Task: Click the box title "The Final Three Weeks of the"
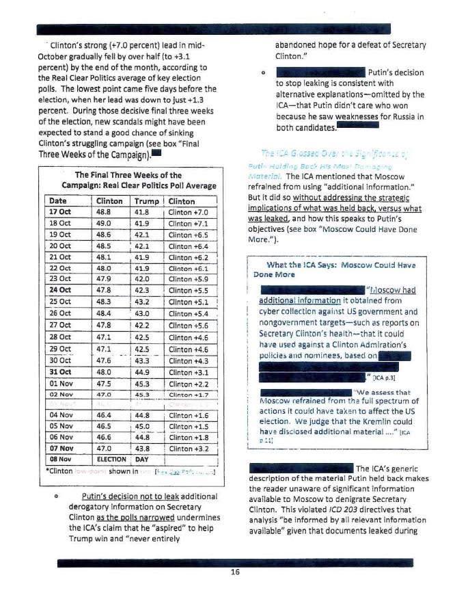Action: pos(128,175)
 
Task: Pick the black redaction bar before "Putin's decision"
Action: pos(318,72)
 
